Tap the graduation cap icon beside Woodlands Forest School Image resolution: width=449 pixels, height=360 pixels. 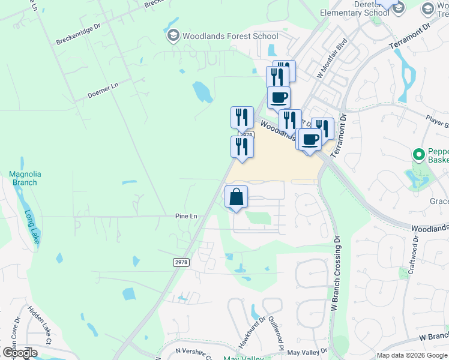[x=173, y=36]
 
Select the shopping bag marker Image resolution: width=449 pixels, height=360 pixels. [x=237, y=197]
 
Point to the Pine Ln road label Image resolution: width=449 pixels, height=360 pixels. [x=186, y=215]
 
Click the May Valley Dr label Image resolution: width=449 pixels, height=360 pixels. [x=307, y=352]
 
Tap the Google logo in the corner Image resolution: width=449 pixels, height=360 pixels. [x=19, y=353]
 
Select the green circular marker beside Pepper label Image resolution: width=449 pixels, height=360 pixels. [x=419, y=154]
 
